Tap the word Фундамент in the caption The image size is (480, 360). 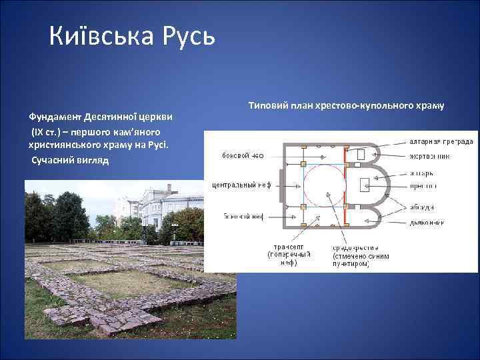point(55,117)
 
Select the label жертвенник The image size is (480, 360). point(430,156)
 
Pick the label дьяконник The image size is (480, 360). point(427,222)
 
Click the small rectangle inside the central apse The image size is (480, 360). point(365,185)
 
